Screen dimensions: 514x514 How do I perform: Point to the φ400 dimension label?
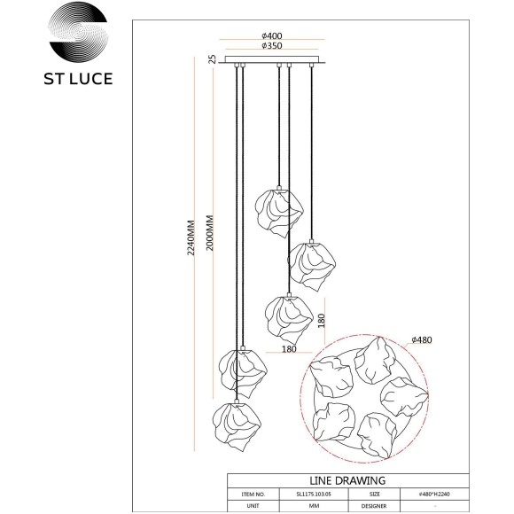click(x=273, y=35)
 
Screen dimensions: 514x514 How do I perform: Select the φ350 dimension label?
click(x=273, y=46)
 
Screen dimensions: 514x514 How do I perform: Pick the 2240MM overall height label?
click(x=191, y=240)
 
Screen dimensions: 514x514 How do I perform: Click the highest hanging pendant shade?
click(x=280, y=213)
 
